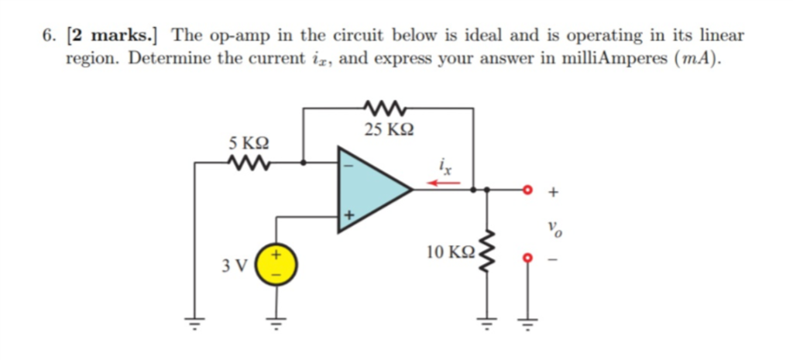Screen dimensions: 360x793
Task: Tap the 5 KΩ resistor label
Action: [x=249, y=143]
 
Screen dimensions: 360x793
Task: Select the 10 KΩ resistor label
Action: [x=451, y=252]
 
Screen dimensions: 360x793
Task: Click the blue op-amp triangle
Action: [x=368, y=188]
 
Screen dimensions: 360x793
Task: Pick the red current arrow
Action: [x=445, y=183]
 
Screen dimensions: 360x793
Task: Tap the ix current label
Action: [x=444, y=166]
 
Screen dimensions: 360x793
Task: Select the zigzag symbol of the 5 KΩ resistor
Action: [x=249, y=163]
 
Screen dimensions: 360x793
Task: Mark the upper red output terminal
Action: [x=528, y=188]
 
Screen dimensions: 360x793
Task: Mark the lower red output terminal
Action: [x=528, y=257]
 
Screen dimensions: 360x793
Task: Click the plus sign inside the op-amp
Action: [x=348, y=215]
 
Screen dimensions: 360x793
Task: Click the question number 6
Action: [x=50, y=36]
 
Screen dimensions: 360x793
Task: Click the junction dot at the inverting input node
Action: [x=303, y=163]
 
